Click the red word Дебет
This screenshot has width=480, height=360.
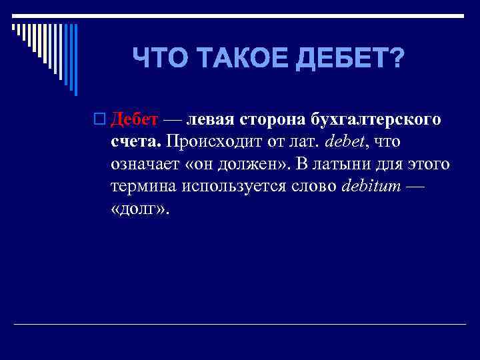(x=134, y=119)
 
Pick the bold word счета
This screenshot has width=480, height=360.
(x=135, y=141)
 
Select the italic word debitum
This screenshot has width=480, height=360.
(x=371, y=185)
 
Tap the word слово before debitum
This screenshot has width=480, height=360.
(x=315, y=185)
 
